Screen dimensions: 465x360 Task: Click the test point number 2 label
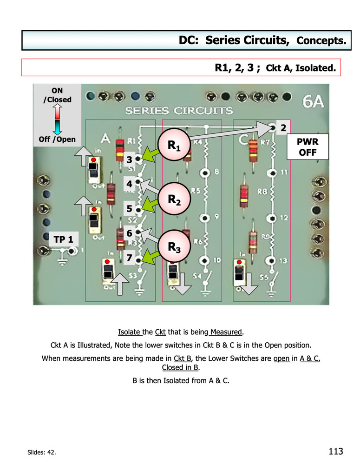pos(283,127)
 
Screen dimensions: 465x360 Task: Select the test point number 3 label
pos(129,159)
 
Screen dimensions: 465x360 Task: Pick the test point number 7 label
pos(129,257)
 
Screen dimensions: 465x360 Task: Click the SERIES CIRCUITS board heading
pos(179,111)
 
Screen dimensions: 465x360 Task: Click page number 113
pos(335,451)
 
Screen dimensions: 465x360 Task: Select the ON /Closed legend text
pos(58,95)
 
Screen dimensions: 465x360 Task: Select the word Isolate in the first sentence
pos(130,332)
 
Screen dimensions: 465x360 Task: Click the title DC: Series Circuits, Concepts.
pos(262,40)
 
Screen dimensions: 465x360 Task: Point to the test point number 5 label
pos(129,209)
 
